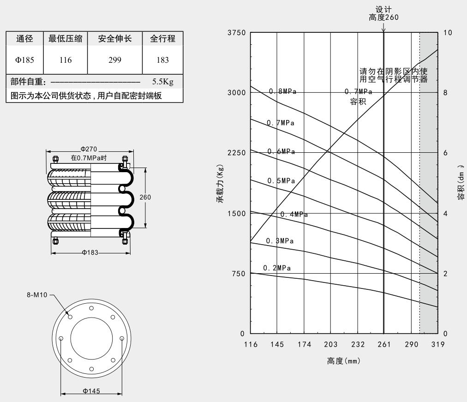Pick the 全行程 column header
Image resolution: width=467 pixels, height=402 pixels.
[x=163, y=39]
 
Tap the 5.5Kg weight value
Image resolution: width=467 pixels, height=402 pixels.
[x=162, y=82]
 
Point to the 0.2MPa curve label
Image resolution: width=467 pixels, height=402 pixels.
[x=277, y=268]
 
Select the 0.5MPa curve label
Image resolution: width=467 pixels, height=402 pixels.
[x=281, y=180]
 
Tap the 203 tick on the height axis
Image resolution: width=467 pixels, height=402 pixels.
[x=330, y=344]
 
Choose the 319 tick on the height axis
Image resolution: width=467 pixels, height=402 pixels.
[x=437, y=344]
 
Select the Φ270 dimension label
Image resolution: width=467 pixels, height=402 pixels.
[x=90, y=149]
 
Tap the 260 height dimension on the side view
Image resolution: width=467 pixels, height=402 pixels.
[x=145, y=197]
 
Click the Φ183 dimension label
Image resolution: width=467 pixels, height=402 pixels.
[x=90, y=252]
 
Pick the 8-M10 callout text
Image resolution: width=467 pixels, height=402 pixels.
[x=37, y=294]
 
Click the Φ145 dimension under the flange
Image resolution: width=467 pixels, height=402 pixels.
[x=91, y=391]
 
